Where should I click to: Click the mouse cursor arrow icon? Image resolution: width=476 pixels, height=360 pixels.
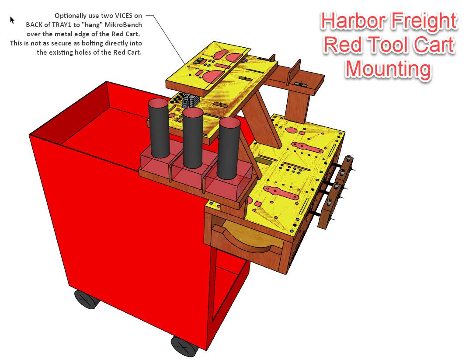tap(12, 20)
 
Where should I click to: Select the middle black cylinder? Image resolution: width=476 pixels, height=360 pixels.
tap(192, 138)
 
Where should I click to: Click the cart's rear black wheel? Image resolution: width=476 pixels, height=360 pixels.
tap(86, 300)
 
